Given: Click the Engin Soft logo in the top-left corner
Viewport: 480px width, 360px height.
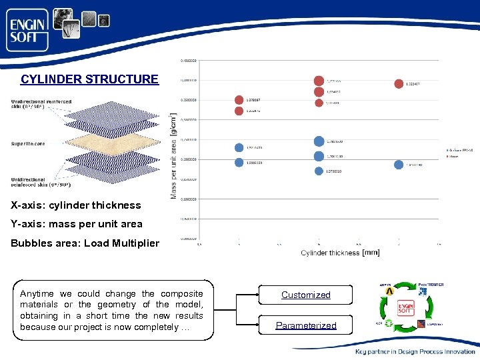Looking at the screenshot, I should tap(27, 30).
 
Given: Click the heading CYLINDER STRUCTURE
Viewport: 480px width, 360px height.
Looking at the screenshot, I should tap(89, 79).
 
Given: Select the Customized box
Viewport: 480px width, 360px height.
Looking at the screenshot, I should tap(305, 295).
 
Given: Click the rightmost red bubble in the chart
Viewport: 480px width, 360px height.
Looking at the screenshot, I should tap(399, 83).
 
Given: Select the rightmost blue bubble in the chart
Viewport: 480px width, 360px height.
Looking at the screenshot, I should tap(399, 165).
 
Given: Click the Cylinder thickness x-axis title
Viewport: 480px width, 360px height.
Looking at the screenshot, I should tap(331, 253).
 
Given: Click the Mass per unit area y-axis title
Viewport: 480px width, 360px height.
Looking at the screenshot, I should tap(174, 157).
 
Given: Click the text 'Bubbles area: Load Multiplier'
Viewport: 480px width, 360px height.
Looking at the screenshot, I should tap(85, 243).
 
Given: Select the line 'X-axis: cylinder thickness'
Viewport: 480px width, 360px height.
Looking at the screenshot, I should tap(76, 205).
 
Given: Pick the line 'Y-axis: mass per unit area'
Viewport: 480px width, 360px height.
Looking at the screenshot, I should tap(77, 224).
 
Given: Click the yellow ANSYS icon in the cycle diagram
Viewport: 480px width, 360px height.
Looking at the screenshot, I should tap(389, 291).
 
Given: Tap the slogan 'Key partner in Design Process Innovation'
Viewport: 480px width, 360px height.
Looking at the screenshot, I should tap(415, 351).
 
